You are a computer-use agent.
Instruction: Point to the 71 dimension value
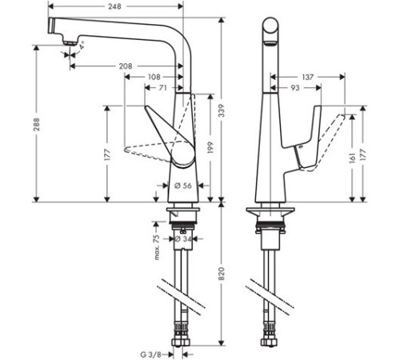click(x=163, y=89)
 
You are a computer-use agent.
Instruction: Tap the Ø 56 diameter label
click(x=182, y=185)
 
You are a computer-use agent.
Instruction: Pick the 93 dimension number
click(x=295, y=88)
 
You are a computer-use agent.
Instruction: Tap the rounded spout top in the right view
click(x=272, y=25)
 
